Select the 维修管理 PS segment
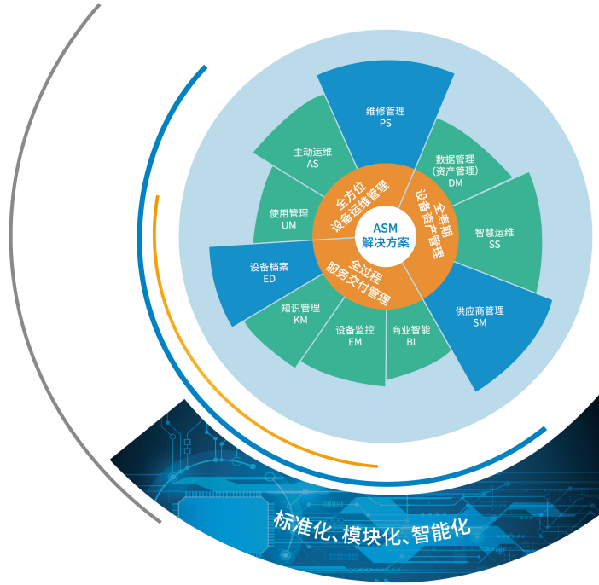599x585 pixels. click(385, 117)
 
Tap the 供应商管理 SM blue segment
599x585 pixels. click(479, 316)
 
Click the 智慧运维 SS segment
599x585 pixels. click(494, 238)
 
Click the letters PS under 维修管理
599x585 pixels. click(385, 123)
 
